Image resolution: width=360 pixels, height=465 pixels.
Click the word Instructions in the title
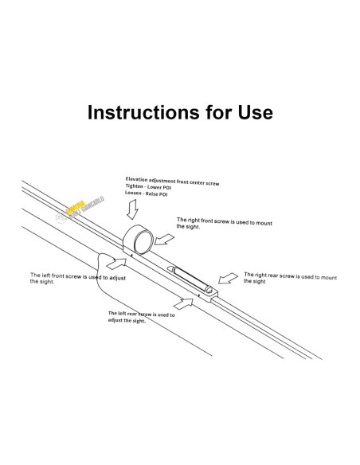143,112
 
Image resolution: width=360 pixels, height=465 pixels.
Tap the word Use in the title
255,112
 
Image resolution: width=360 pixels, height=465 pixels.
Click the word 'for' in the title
218,112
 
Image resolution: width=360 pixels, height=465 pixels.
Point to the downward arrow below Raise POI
132,209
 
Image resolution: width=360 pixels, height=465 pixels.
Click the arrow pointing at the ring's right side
164,240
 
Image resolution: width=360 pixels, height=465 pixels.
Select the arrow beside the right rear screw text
228,278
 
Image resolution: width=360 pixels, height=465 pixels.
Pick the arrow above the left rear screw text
183,303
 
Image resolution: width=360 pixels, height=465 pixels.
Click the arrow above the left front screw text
116,264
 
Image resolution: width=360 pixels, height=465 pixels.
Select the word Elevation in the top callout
136,179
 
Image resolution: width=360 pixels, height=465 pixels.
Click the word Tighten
134,186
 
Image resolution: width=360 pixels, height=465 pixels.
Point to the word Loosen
133,193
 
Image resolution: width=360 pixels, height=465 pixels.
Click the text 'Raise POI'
156,194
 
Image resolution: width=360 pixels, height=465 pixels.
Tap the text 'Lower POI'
159,187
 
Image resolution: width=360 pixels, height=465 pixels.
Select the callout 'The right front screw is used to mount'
225,221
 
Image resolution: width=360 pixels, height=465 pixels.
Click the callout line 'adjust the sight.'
127,320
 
